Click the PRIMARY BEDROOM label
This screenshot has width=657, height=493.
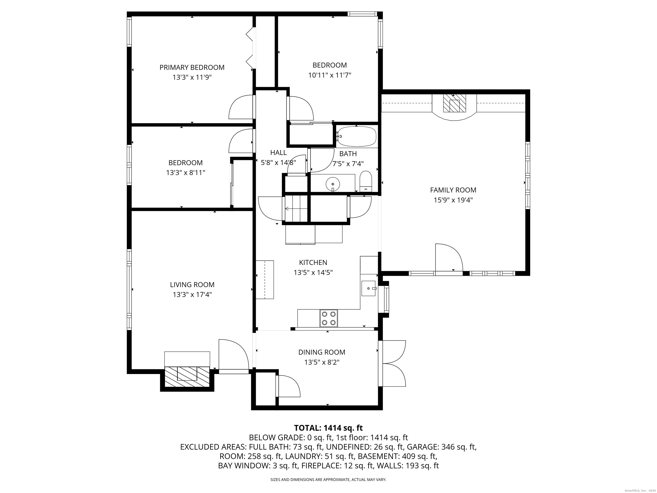[192, 67]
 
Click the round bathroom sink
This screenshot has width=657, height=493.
[333, 184]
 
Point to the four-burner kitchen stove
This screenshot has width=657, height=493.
[328, 318]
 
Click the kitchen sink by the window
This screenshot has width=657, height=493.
[368, 288]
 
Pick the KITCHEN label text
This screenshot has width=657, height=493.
[313, 262]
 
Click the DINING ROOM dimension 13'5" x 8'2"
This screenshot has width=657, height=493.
[322, 362]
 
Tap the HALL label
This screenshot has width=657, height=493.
[278, 152]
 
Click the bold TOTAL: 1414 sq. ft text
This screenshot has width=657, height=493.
[328, 428]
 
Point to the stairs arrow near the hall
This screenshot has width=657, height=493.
[287, 209]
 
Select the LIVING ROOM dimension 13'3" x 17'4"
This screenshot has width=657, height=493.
[192, 294]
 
